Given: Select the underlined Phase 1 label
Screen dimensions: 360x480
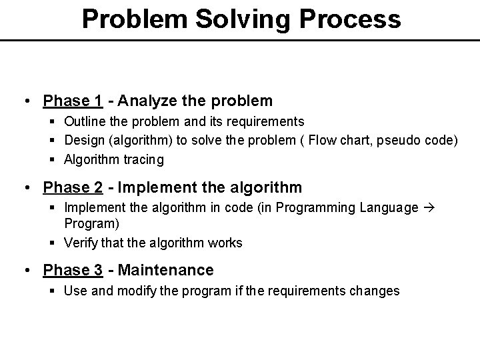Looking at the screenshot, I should (x=72, y=101).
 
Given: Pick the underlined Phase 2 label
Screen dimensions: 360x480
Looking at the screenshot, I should (x=72, y=188).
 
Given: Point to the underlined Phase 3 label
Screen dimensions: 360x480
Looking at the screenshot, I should (x=72, y=270).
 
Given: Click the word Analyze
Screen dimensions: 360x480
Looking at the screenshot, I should (x=147, y=101).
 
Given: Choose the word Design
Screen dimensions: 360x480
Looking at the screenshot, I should (x=83, y=141).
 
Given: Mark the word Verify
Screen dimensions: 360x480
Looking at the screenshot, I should (x=81, y=243).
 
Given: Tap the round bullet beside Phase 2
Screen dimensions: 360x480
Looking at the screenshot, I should (x=28, y=188).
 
